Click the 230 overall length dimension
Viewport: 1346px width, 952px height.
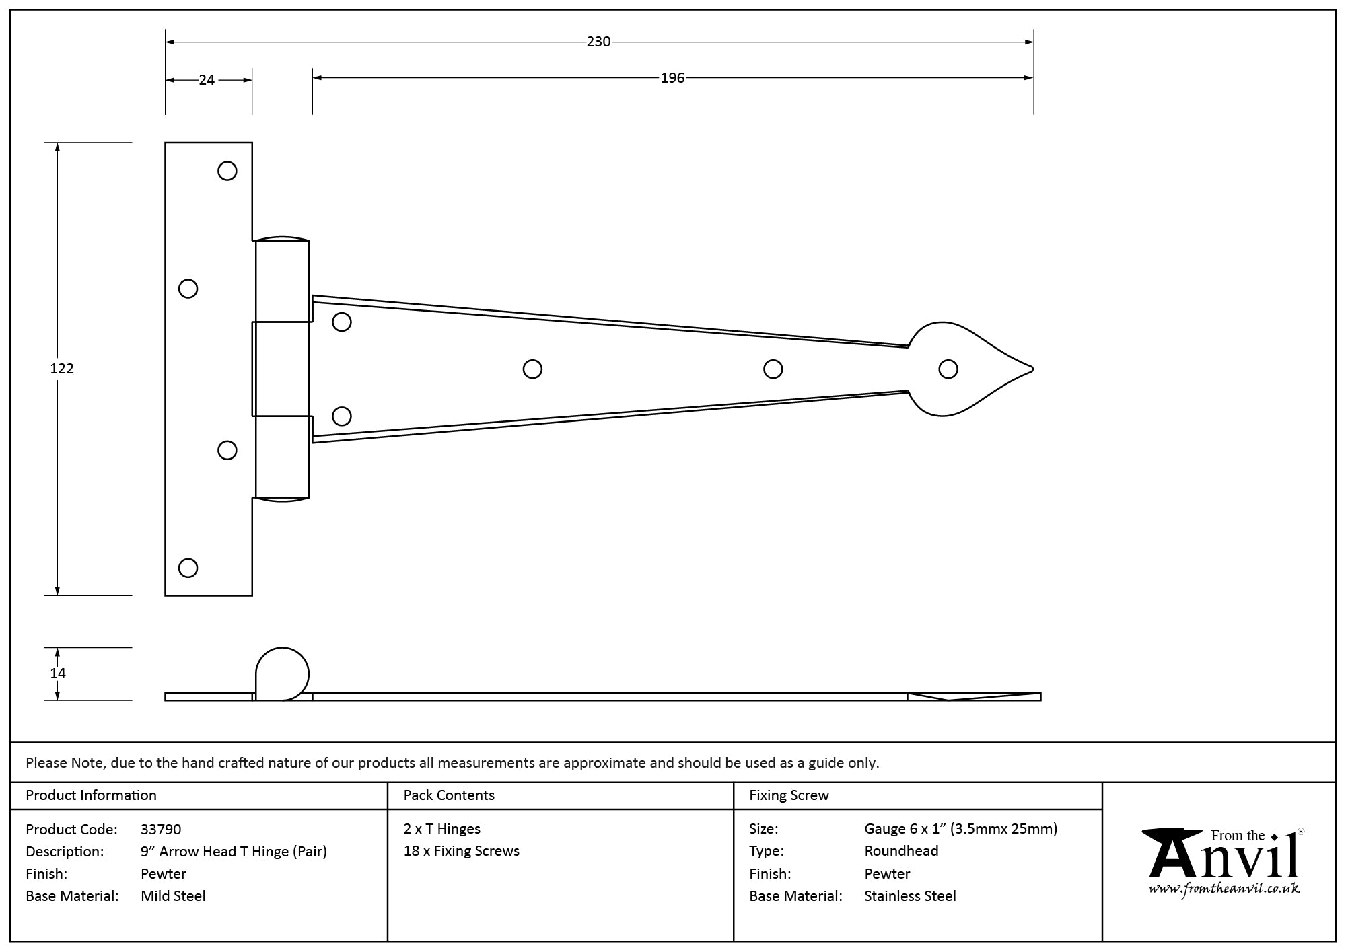pos(598,42)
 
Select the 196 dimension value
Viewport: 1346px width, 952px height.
pos(672,78)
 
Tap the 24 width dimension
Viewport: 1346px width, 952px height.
pos(207,80)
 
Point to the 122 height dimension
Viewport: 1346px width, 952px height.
pos(62,369)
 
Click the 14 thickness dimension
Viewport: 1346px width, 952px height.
pos(58,673)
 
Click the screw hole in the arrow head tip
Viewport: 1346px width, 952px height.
pos(948,369)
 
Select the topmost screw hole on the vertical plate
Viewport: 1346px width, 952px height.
pos(227,171)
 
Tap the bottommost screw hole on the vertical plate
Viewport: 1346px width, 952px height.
pos(188,568)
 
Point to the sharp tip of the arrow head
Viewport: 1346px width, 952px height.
pos(1032,369)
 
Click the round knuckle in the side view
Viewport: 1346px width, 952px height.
pos(282,673)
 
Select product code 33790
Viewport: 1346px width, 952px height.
pos(161,829)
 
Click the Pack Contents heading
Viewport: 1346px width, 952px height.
pos(449,795)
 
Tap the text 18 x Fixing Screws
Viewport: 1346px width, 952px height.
pos(462,851)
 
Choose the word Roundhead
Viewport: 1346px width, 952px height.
pos(901,851)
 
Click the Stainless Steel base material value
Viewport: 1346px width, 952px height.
pos(910,896)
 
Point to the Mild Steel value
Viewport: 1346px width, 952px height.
pos(173,896)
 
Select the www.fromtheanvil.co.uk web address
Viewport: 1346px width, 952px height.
pos(1224,889)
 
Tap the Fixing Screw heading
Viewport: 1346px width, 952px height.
pos(789,795)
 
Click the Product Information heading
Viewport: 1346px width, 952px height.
pos(91,795)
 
